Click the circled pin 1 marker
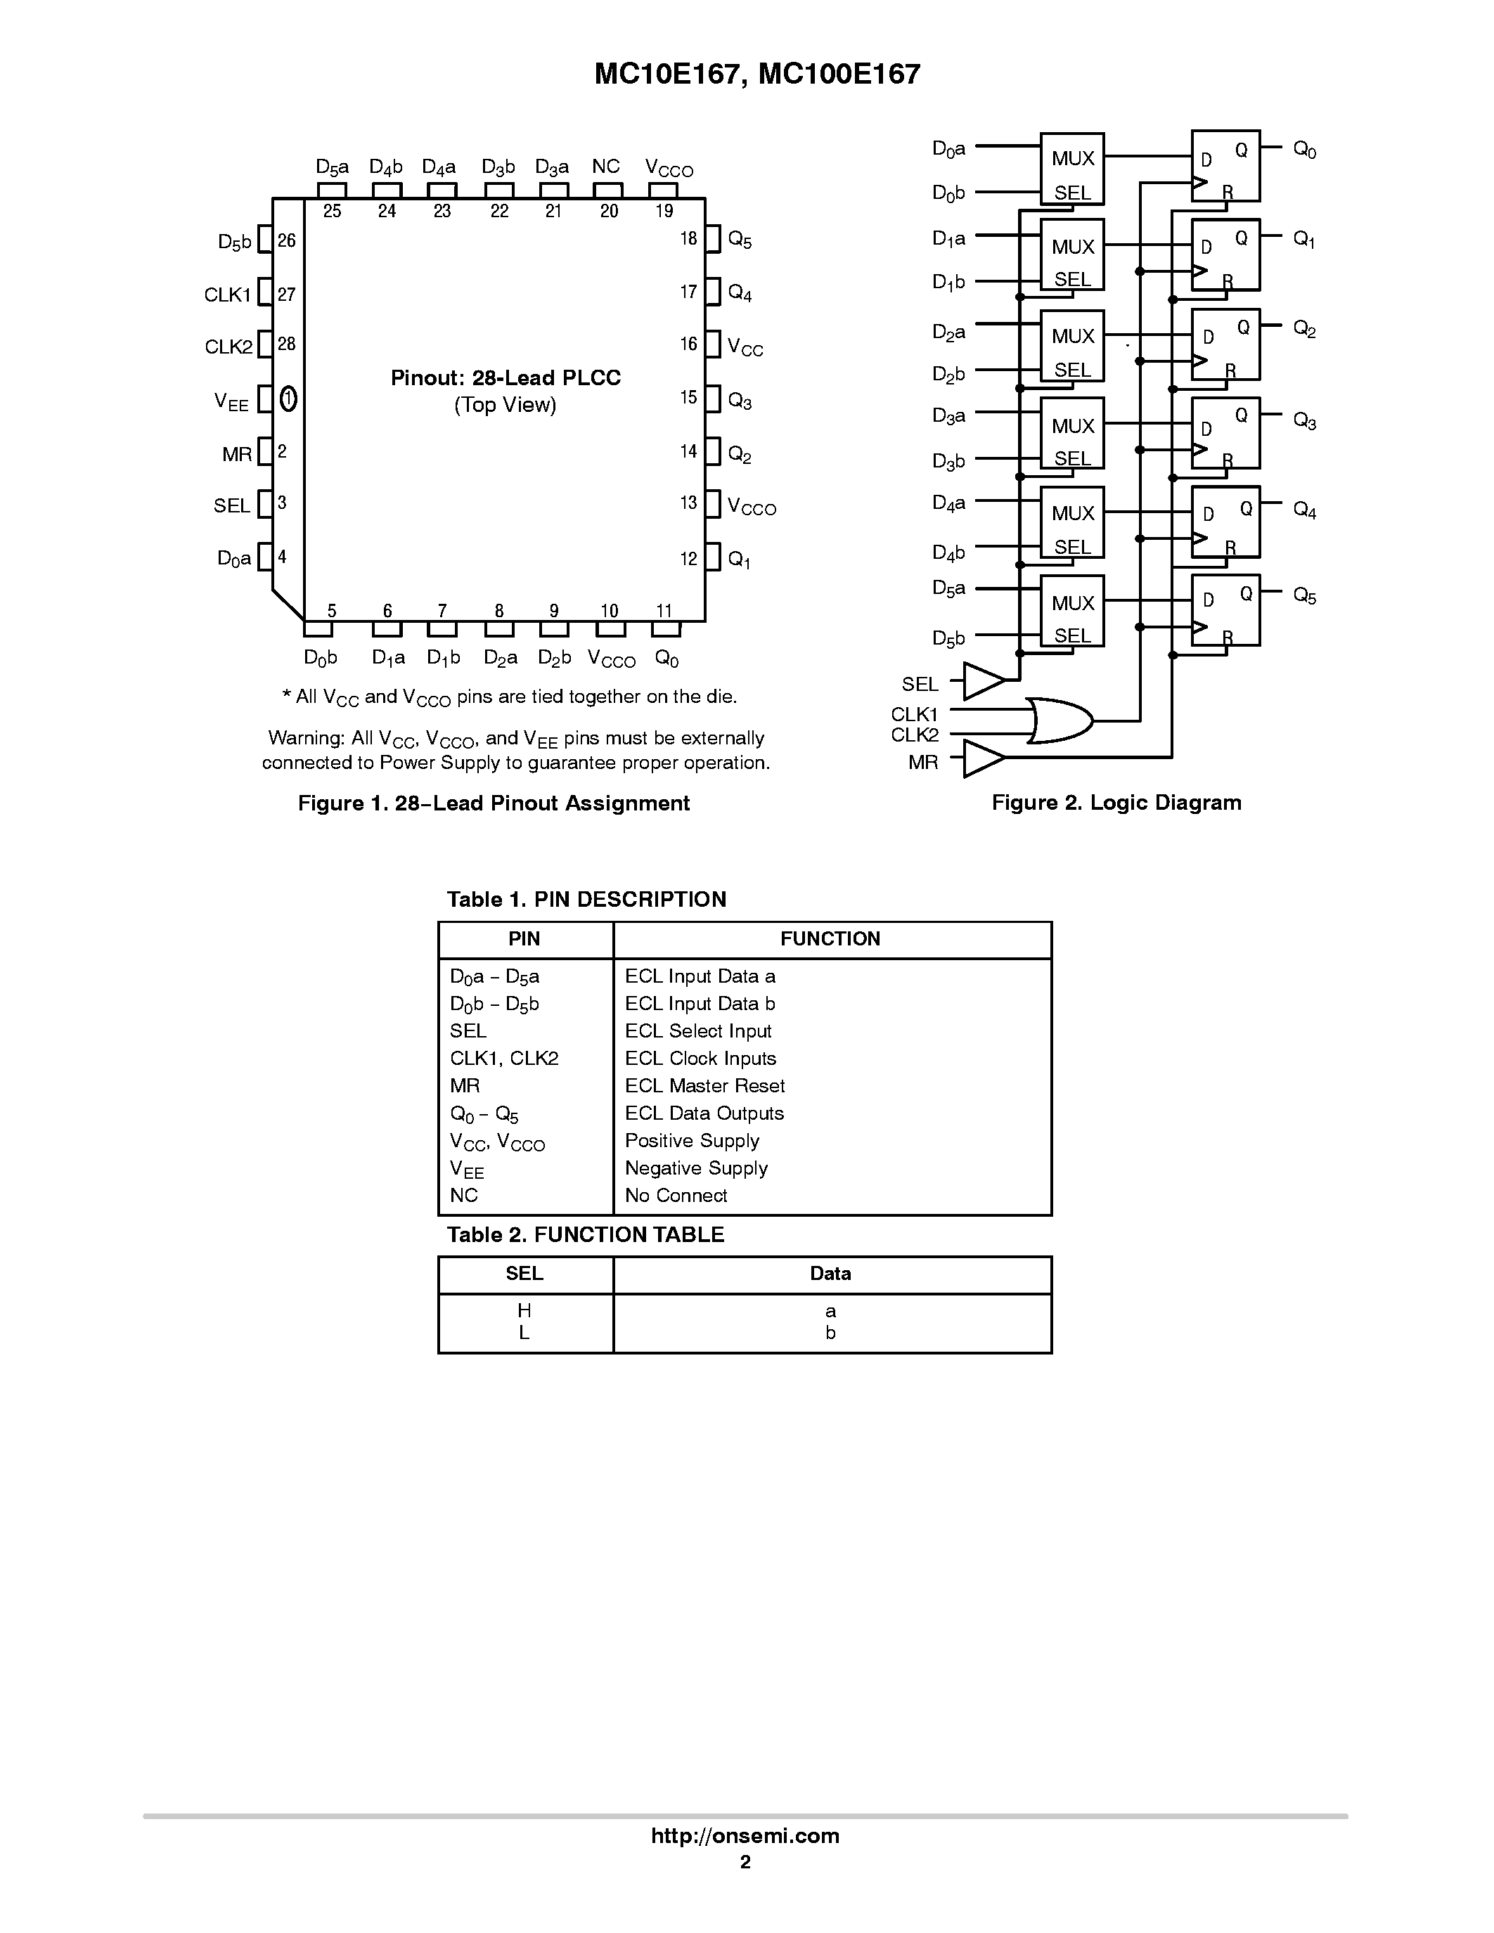tap(288, 399)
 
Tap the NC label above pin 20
tap(605, 167)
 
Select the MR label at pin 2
tap(237, 455)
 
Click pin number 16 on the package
tap(688, 344)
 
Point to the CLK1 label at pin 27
tap(228, 295)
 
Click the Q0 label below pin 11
tap(666, 659)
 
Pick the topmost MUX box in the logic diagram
tap(1072, 169)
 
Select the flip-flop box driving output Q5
tap(1225, 610)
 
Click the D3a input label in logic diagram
tap(948, 416)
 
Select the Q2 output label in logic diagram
tap(1303, 329)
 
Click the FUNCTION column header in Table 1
tap(830, 939)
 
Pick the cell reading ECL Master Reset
tap(704, 1086)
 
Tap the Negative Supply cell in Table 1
tap(695, 1168)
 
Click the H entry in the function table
tap(524, 1311)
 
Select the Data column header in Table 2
tap(830, 1274)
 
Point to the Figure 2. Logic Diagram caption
tap(1116, 803)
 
